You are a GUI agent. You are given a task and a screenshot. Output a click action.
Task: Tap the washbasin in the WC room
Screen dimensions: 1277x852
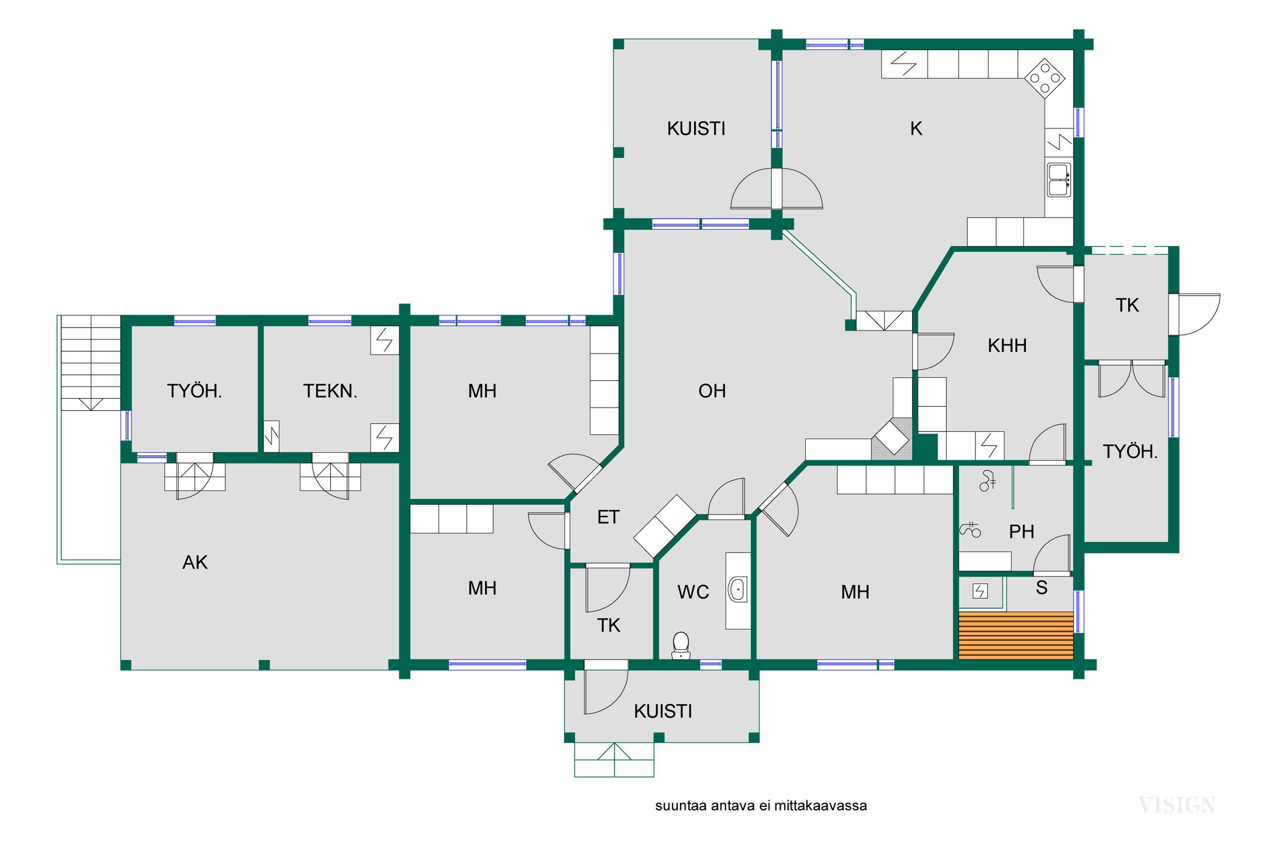(x=737, y=590)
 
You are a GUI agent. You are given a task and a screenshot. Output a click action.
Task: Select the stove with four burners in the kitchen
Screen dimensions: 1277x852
(x=1044, y=78)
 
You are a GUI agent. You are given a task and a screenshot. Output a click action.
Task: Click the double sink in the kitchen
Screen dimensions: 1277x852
(x=1059, y=180)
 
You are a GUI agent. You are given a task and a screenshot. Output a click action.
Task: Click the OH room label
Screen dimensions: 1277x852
(x=712, y=391)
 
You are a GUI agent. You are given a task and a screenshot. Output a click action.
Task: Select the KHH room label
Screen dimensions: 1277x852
(x=1007, y=345)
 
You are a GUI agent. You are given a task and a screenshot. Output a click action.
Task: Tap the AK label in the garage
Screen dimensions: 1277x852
(x=195, y=562)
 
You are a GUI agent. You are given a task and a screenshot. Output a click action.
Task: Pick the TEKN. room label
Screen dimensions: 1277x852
(x=330, y=391)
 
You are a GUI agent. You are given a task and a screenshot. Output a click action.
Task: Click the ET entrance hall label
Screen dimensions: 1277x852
(x=608, y=517)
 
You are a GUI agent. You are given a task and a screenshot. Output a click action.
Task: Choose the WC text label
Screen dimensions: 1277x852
(x=693, y=592)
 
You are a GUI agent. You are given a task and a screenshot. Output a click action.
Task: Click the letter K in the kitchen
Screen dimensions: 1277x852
(x=916, y=129)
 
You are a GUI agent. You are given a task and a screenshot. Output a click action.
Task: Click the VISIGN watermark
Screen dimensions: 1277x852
(x=1177, y=805)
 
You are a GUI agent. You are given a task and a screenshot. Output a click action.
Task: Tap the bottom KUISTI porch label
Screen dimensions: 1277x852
(x=663, y=711)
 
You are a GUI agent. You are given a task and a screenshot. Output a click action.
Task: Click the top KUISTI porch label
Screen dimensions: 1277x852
(x=696, y=129)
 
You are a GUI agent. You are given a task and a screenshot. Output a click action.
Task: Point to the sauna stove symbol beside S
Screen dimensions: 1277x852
(x=980, y=591)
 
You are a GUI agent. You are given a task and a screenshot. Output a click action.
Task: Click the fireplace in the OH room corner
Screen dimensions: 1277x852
(x=891, y=438)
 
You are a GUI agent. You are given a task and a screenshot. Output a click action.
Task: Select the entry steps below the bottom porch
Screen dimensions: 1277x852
(x=614, y=760)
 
